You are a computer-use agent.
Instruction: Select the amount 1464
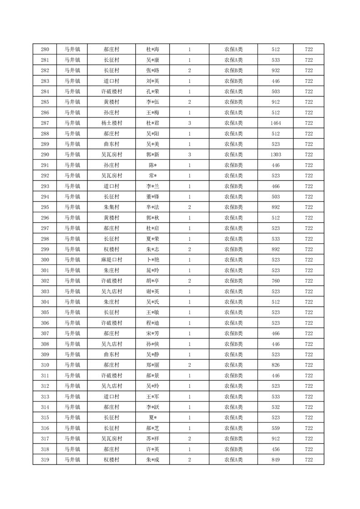(x=276, y=123)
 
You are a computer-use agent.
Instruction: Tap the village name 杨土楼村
(x=111, y=123)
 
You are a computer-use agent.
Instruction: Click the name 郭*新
(x=152, y=155)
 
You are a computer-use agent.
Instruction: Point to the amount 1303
(x=276, y=155)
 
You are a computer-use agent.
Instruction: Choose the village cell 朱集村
(x=111, y=207)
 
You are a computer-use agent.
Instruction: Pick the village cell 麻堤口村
(x=111, y=260)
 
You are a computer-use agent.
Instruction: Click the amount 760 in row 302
(x=276, y=281)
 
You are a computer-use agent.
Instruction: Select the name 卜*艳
(x=152, y=260)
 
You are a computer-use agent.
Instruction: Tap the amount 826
(x=276, y=365)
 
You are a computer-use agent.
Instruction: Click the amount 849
(x=276, y=460)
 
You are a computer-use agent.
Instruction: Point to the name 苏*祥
(x=152, y=439)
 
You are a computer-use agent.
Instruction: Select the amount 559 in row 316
(x=276, y=428)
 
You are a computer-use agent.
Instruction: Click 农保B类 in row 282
(x=233, y=70)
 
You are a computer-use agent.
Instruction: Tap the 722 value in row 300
(x=309, y=260)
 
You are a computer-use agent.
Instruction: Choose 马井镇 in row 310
(x=72, y=365)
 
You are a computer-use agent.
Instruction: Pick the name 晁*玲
(x=152, y=270)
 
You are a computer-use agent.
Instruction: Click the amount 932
(x=276, y=70)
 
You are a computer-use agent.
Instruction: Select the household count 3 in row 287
(x=189, y=123)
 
